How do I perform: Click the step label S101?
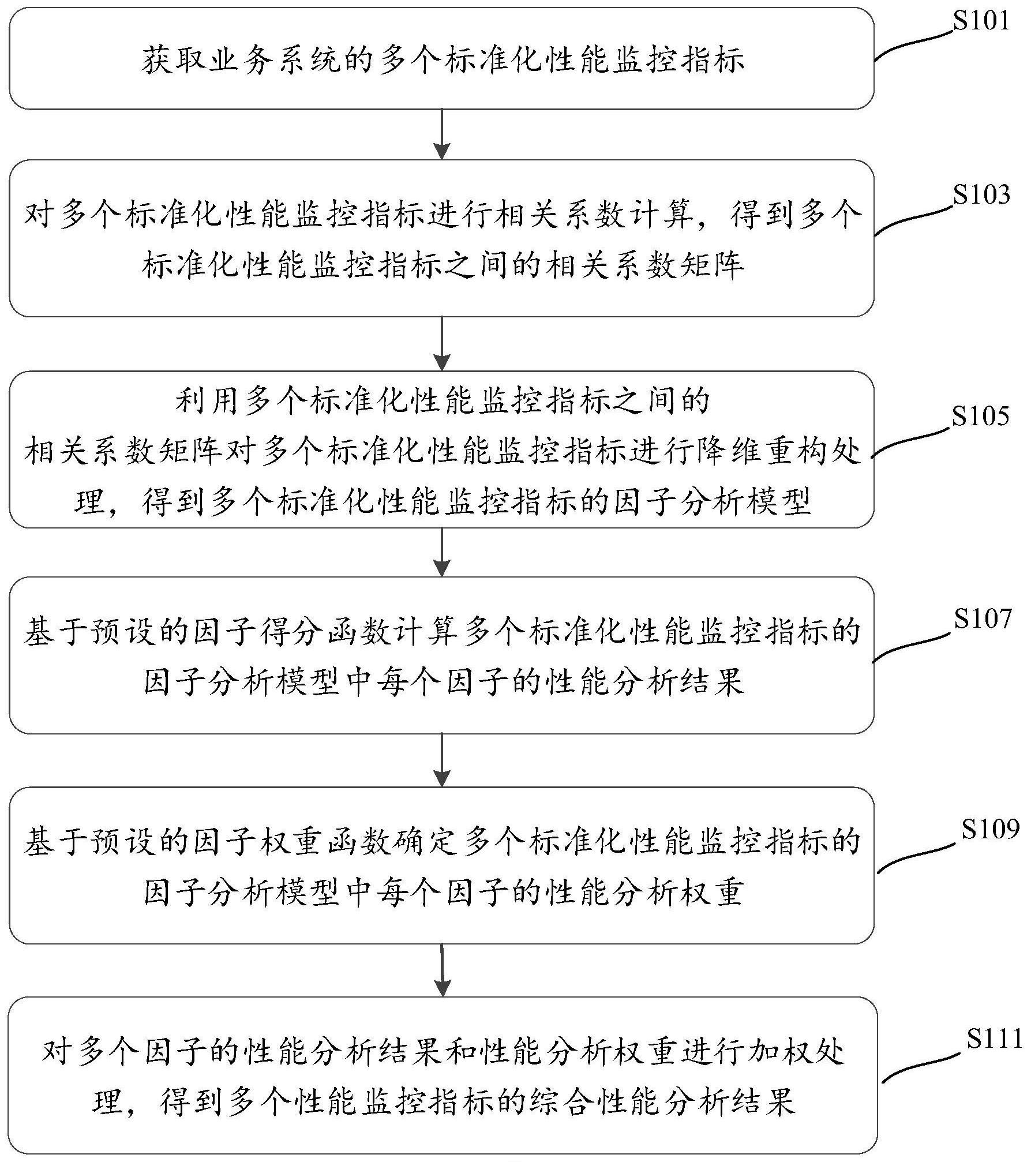[x=981, y=21]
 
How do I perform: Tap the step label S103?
[x=981, y=196]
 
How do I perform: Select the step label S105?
[x=980, y=417]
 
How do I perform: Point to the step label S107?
[x=983, y=619]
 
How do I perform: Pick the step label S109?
[x=990, y=829]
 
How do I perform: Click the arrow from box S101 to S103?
[x=441, y=134]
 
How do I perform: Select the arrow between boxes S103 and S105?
[x=441, y=344]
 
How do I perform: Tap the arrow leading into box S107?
[x=441, y=552]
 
